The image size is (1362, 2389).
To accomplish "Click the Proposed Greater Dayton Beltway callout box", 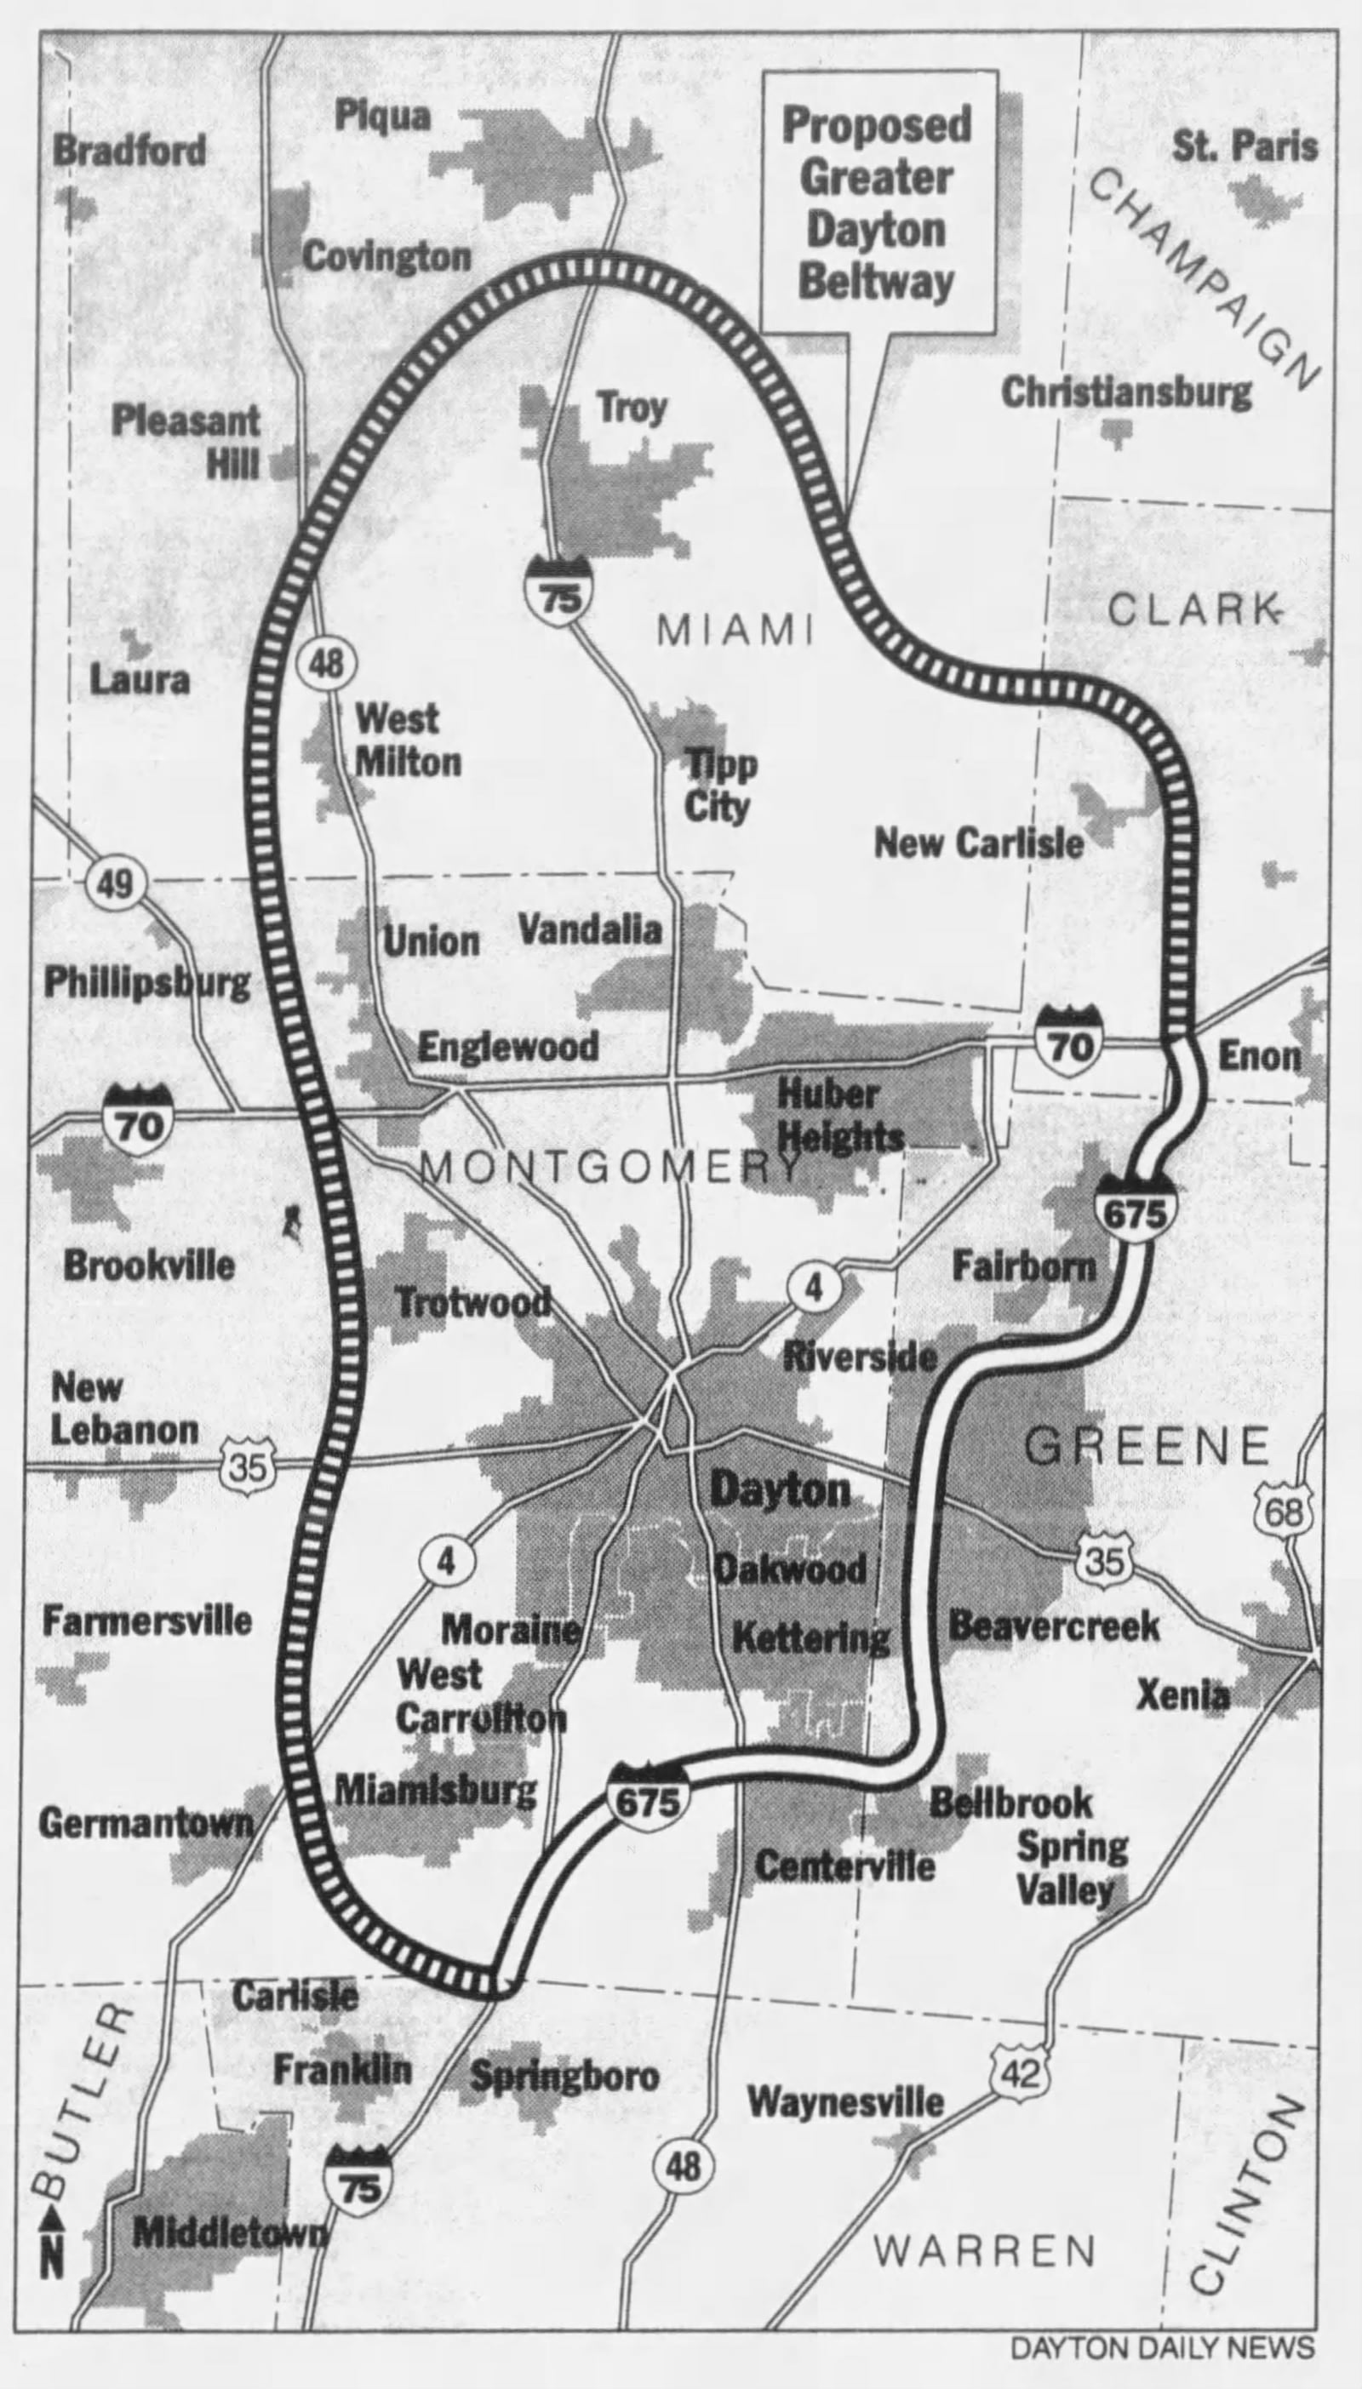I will (878, 202).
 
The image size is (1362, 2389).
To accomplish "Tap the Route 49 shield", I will (116, 883).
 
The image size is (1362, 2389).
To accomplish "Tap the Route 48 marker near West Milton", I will (325, 664).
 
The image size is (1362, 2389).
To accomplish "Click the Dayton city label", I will (780, 1489).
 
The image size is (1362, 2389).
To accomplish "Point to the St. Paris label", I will (1245, 146).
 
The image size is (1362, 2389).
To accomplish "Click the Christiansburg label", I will (1126, 392).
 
